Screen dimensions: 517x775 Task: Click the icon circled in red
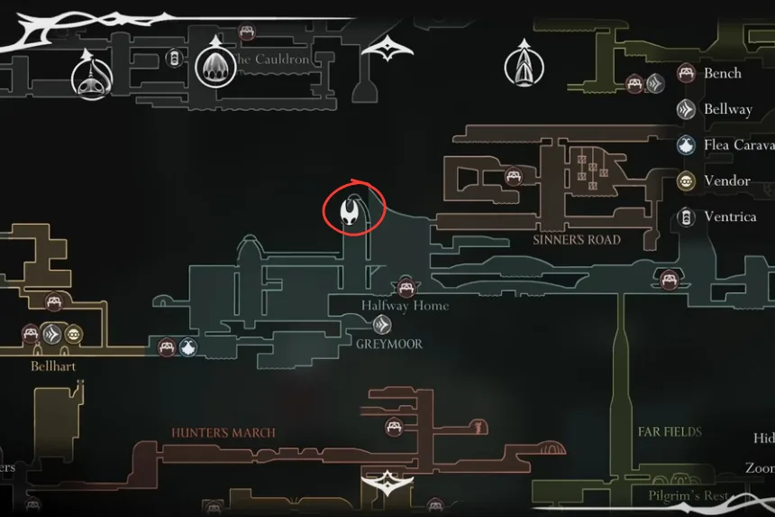click(x=350, y=212)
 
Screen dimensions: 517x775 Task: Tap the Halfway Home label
click(x=405, y=306)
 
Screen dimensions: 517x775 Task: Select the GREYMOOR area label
click(x=388, y=344)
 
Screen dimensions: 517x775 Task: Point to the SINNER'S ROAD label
click(x=577, y=240)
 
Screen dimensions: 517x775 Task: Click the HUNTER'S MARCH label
click(x=223, y=433)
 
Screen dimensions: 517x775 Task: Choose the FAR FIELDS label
click(x=670, y=432)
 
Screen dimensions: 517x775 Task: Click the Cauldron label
click(x=271, y=60)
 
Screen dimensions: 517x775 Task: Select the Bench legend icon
click(x=687, y=73)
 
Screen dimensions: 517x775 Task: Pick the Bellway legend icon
click(x=687, y=109)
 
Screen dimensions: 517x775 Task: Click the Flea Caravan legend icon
click(x=687, y=145)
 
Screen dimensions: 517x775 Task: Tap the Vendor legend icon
click(x=687, y=181)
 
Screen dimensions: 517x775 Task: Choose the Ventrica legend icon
click(x=687, y=217)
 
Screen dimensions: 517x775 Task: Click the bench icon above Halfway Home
click(x=406, y=288)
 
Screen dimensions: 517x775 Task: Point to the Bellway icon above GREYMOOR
click(x=382, y=325)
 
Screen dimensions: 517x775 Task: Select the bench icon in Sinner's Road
click(x=514, y=176)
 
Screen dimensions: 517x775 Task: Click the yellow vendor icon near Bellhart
click(x=72, y=334)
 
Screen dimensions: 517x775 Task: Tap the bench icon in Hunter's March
click(x=394, y=426)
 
